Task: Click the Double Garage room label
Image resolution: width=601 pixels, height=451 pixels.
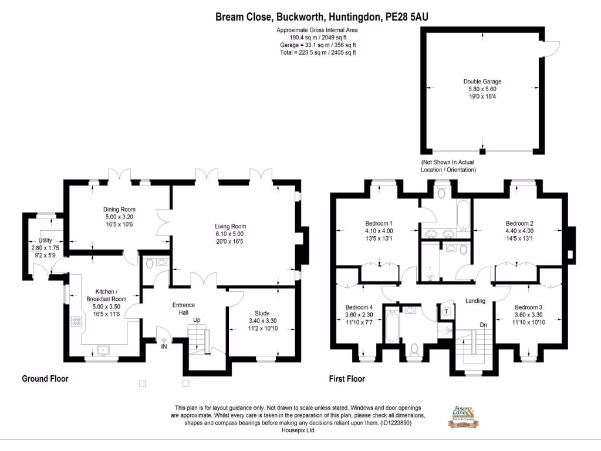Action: (482, 82)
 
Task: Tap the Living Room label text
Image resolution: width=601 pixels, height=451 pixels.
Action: (230, 226)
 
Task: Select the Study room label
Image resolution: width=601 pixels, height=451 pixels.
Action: (262, 313)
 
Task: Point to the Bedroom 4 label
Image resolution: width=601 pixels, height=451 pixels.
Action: (359, 307)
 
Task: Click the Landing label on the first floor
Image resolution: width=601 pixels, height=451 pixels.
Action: (475, 301)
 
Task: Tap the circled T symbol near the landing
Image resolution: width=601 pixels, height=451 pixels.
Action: (447, 312)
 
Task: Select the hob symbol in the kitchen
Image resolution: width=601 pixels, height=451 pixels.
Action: (76, 321)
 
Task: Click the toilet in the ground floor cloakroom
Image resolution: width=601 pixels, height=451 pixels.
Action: (148, 264)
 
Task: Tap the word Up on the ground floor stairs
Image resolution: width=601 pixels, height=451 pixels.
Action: (198, 321)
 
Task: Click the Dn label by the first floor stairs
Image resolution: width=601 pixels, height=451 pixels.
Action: (483, 324)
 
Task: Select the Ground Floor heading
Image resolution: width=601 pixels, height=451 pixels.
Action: (45, 379)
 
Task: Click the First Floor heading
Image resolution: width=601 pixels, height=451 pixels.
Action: (347, 379)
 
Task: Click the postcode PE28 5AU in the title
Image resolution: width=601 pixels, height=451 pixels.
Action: (406, 17)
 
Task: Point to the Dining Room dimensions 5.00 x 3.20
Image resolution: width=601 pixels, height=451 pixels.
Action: (120, 217)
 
